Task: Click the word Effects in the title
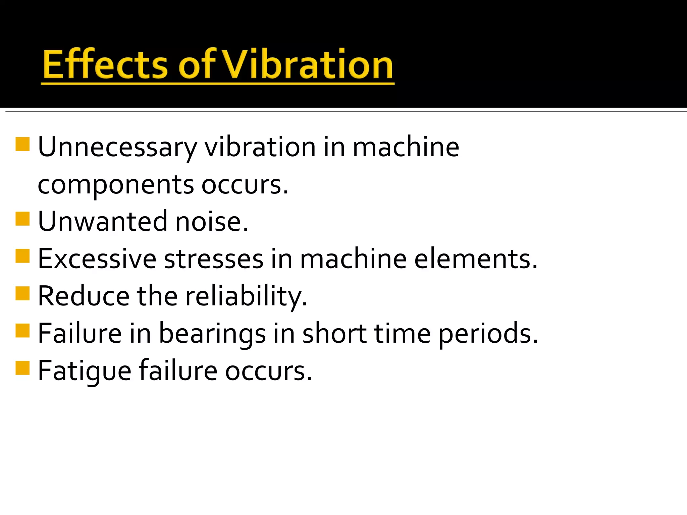click(105, 64)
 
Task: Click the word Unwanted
click(103, 222)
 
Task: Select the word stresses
click(214, 259)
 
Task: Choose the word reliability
click(246, 296)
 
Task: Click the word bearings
click(212, 334)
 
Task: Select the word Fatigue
click(85, 371)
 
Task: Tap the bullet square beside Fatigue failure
click(22, 368)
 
